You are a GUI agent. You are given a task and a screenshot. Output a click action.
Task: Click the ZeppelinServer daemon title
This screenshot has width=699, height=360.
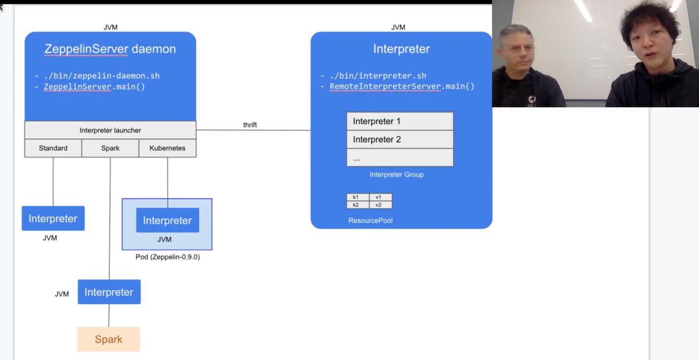click(x=110, y=49)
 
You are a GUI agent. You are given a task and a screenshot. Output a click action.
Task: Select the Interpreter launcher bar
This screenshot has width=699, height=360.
click(x=110, y=130)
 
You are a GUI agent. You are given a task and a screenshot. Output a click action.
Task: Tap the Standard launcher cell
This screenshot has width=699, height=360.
click(x=53, y=148)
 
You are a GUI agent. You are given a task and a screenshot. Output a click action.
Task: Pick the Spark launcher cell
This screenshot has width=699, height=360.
click(x=110, y=148)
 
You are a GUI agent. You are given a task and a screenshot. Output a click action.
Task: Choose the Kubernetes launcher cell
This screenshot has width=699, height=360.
click(x=167, y=148)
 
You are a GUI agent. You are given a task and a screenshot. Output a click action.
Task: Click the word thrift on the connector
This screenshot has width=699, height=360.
click(x=250, y=125)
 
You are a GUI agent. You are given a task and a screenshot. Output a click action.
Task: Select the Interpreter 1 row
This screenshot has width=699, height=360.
click(x=400, y=121)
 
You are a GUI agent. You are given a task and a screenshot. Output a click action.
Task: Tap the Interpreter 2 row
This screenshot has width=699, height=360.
click(x=400, y=139)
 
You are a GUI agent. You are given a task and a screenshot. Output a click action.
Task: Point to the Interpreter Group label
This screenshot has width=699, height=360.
click(x=397, y=175)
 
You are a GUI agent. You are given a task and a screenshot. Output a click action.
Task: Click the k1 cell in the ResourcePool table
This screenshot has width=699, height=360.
click(x=356, y=197)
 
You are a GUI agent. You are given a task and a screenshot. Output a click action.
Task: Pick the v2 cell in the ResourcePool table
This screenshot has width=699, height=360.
click(x=379, y=205)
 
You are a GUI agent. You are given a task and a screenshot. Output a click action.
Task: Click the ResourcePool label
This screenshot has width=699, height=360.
click(x=370, y=221)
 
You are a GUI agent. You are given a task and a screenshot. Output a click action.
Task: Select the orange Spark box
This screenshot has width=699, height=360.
click(x=109, y=339)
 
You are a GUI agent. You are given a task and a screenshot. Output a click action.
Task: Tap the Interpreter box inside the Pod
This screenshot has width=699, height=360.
click(x=167, y=220)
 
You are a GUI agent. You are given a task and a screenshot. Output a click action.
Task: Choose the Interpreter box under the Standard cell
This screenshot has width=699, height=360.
click(x=53, y=218)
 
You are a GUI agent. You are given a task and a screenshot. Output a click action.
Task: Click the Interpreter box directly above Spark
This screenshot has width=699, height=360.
click(x=109, y=292)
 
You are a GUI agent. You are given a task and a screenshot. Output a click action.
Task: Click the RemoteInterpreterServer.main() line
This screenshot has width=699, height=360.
click(x=402, y=86)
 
